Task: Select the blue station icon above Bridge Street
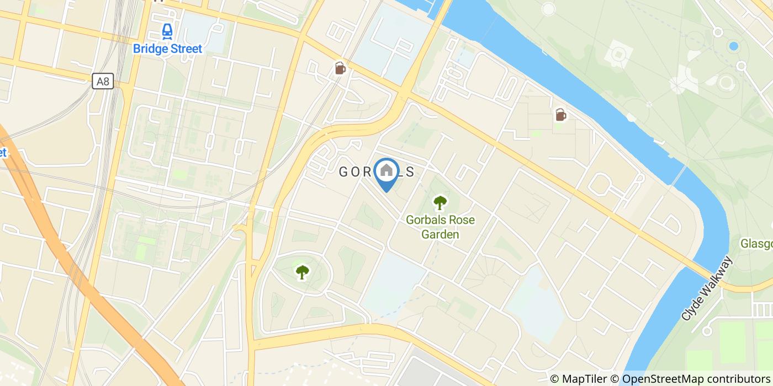[167, 31]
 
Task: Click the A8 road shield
[103, 82]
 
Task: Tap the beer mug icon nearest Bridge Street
[340, 68]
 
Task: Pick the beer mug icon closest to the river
[560, 115]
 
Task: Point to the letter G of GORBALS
[343, 172]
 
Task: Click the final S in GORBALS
[410, 172]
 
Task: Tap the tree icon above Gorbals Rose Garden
[440, 203]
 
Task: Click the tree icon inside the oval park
[302, 271]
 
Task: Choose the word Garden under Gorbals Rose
[440, 234]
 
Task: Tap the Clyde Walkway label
[707, 288]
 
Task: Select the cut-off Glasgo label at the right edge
[756, 244]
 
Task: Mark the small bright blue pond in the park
[733, 46]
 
